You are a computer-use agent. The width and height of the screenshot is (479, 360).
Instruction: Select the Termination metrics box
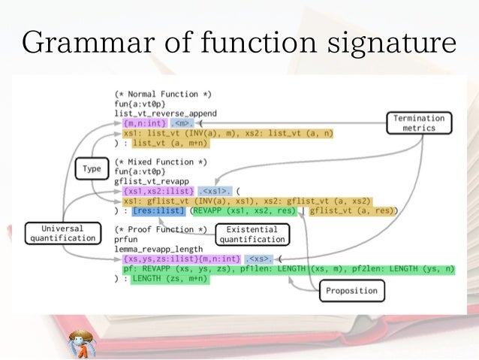click(x=419, y=123)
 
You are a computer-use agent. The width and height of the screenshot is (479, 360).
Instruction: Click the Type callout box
click(x=92, y=169)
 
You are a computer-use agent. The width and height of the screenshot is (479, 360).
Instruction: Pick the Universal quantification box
click(x=63, y=232)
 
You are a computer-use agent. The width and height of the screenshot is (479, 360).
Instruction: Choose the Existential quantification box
click(x=252, y=234)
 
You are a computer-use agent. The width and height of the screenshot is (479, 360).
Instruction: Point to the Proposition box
click(x=352, y=290)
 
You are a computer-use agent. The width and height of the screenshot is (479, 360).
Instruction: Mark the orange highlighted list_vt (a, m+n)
click(x=170, y=143)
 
